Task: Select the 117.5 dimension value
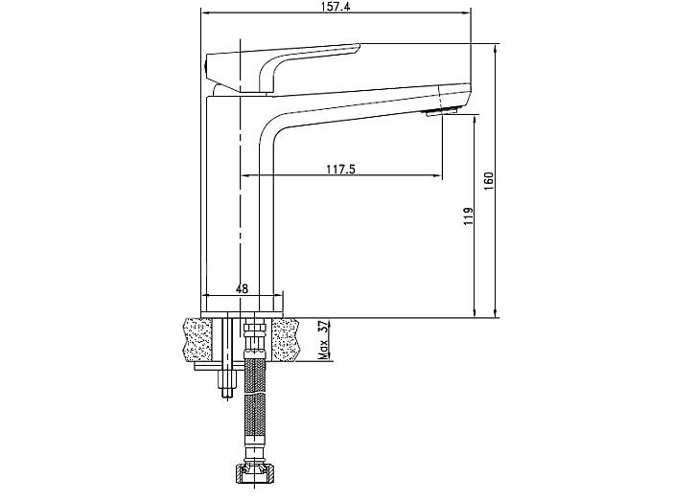point(341,169)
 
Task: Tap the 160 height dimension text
point(489,181)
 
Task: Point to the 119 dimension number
point(468,216)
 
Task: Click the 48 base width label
point(243,288)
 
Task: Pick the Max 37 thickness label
point(324,340)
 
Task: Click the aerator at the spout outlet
point(440,112)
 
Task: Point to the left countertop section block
point(197,340)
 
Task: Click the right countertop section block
point(286,340)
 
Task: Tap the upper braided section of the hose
point(254,376)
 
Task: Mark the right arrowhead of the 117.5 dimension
point(438,175)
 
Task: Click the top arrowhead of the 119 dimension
point(475,119)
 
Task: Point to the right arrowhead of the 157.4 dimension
point(467,12)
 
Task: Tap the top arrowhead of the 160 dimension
point(497,48)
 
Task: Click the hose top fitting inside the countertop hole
point(254,338)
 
